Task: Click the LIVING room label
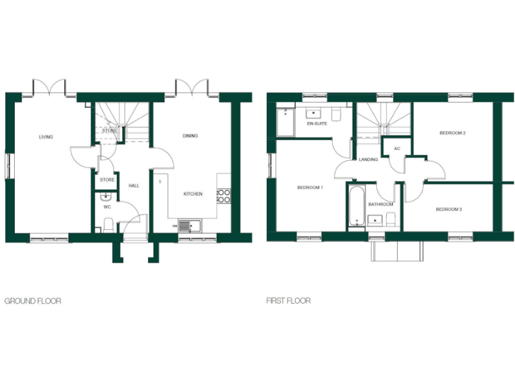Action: (x=46, y=137)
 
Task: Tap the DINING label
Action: (x=190, y=136)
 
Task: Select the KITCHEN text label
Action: (x=193, y=194)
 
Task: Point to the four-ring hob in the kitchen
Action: (x=223, y=196)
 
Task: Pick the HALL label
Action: (x=134, y=185)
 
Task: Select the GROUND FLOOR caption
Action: (x=33, y=301)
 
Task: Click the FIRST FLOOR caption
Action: (x=288, y=301)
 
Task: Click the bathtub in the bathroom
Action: (x=355, y=206)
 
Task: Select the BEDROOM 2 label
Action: (x=453, y=133)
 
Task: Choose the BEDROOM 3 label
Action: (x=449, y=209)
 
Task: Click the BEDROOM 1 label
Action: (x=310, y=187)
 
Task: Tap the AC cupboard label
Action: (x=397, y=148)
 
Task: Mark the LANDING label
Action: (x=368, y=159)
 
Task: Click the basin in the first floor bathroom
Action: (x=376, y=219)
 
